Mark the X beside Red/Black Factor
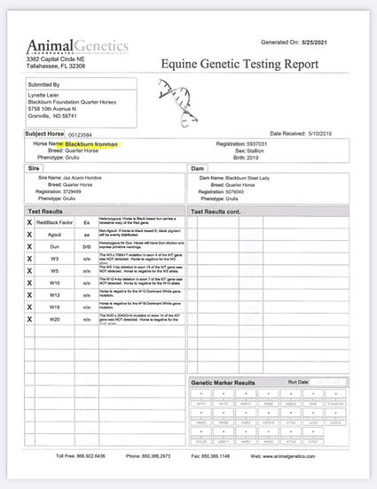pyautogui.click(x=30, y=222)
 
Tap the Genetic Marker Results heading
pyautogui.click(x=224, y=382)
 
